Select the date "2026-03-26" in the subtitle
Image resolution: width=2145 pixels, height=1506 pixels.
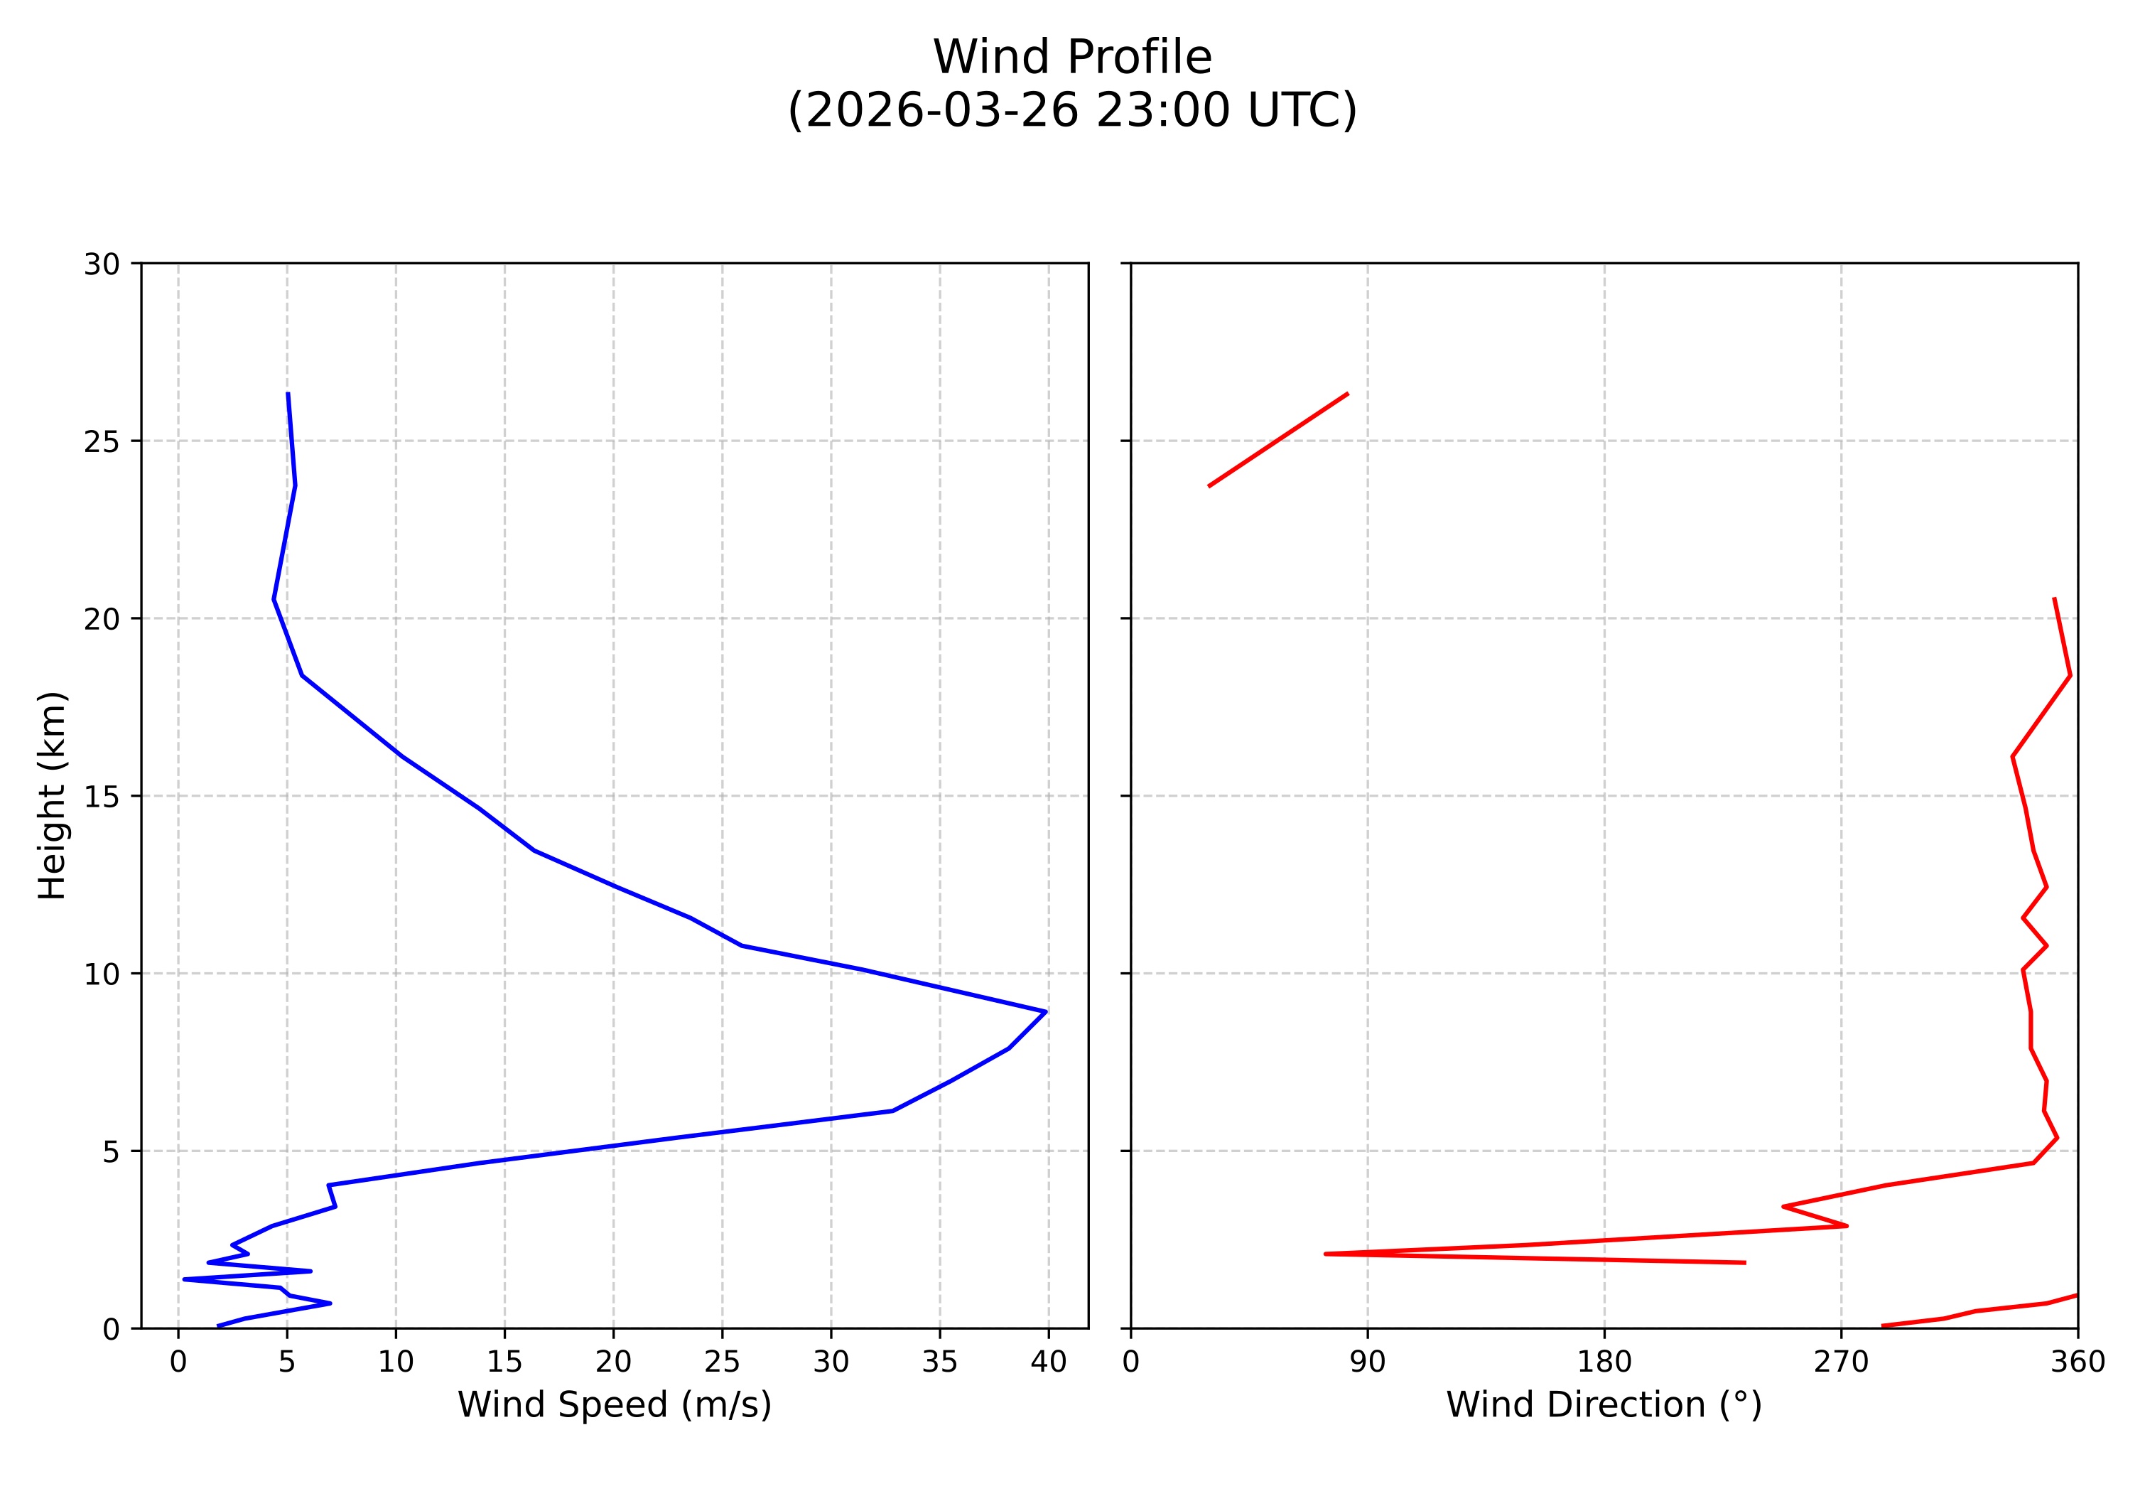coord(939,111)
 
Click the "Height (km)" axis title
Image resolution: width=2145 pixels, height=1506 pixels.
coord(53,795)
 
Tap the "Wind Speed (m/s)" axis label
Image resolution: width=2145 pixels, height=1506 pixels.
coord(614,1405)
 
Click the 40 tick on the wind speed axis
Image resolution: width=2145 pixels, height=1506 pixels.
coord(1048,1362)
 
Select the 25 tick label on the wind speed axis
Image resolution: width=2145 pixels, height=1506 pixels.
coord(722,1362)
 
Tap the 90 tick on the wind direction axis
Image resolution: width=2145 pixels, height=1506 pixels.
coord(1368,1362)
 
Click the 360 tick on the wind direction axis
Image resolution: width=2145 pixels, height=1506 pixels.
coord(2078,1362)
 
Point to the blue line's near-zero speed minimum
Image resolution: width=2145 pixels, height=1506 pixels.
coord(185,1279)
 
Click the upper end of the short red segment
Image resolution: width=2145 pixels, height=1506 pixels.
coord(1347,393)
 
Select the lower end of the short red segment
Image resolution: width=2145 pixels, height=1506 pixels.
coord(1209,486)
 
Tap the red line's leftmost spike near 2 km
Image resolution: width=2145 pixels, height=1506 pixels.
coord(1326,1254)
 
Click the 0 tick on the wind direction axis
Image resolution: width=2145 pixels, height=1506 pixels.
coord(1130,1362)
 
